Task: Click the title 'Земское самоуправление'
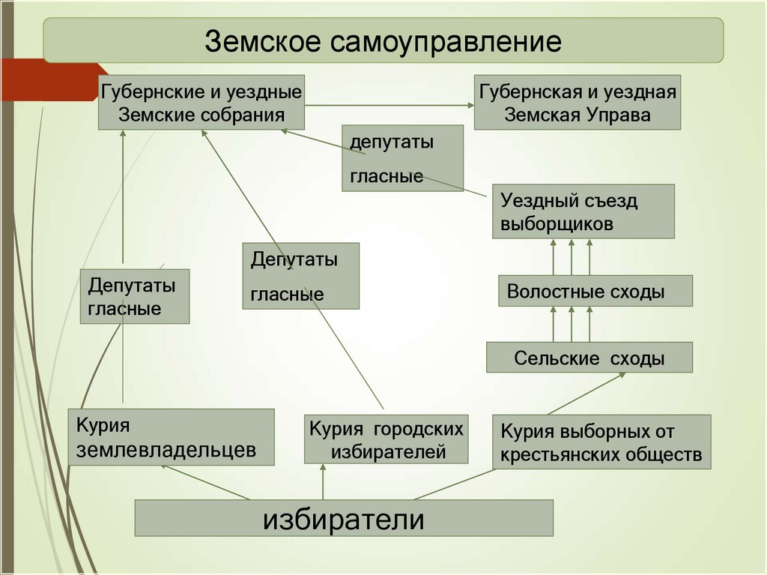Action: click(x=383, y=41)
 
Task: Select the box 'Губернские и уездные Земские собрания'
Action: click(x=201, y=102)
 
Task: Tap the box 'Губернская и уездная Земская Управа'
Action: click(x=577, y=102)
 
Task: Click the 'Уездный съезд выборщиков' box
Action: click(x=583, y=212)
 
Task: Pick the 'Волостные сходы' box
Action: click(x=595, y=291)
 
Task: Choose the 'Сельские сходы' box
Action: click(x=589, y=358)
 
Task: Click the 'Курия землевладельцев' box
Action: click(x=172, y=437)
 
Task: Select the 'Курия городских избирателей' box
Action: click(x=386, y=439)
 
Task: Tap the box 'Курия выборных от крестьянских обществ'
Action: click(x=601, y=442)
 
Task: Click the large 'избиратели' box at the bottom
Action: click(x=343, y=518)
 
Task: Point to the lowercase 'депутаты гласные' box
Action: click(x=402, y=158)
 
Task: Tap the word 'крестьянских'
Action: click(x=554, y=454)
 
